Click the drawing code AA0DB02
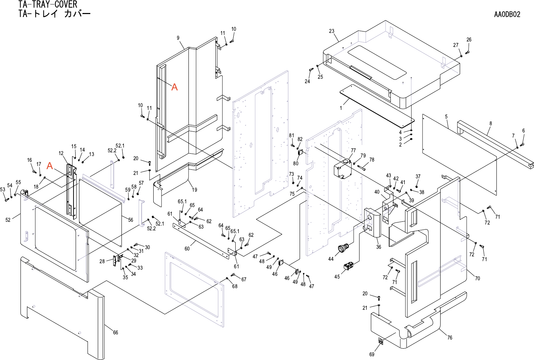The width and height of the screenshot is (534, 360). [507, 14]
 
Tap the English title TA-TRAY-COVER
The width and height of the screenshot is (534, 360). [48, 4]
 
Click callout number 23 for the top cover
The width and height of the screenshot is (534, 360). [331, 31]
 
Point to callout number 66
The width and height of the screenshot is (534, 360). [116, 333]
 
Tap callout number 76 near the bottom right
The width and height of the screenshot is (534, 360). [450, 337]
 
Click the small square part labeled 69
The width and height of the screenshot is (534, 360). [380, 341]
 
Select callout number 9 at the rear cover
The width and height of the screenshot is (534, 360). [178, 38]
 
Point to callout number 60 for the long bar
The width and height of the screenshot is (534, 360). [187, 249]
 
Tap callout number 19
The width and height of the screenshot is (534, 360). [194, 190]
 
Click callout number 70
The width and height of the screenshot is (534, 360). [477, 279]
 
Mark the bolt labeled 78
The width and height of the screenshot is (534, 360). [362, 168]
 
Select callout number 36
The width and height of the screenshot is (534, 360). [378, 247]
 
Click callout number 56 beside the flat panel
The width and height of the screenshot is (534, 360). [131, 220]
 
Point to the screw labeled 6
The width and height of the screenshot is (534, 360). [522, 144]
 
